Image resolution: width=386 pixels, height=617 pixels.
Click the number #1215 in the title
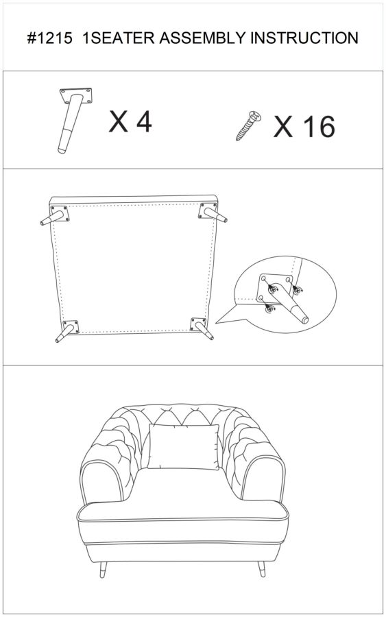pyautogui.click(x=49, y=38)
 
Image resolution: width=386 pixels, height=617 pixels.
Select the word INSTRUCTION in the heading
pyautogui.click(x=304, y=38)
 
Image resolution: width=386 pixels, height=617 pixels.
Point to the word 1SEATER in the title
pyautogui.click(x=118, y=38)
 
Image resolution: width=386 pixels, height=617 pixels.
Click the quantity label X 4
pyautogui.click(x=130, y=121)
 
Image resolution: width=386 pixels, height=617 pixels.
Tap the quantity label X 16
pyautogui.click(x=304, y=127)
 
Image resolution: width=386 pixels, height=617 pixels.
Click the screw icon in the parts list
pyautogui.click(x=249, y=125)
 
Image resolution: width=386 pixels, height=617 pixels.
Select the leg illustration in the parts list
pyautogui.click(x=75, y=119)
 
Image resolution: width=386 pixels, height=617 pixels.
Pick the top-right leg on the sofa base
pyautogui.click(x=213, y=213)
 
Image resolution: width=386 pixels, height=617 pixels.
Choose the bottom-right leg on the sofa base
pyautogui.click(x=201, y=328)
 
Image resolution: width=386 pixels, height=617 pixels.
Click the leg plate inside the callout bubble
pyautogui.click(x=276, y=289)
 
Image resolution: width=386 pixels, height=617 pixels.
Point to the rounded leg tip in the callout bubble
pyautogui.click(x=304, y=319)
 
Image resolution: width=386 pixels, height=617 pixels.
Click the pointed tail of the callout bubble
pyautogui.click(x=216, y=323)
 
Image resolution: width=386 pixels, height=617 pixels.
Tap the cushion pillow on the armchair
pyautogui.click(x=184, y=447)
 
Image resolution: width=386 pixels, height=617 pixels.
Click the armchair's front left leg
pyautogui.click(x=103, y=570)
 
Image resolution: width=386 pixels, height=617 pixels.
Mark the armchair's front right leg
pyautogui.click(x=262, y=569)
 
